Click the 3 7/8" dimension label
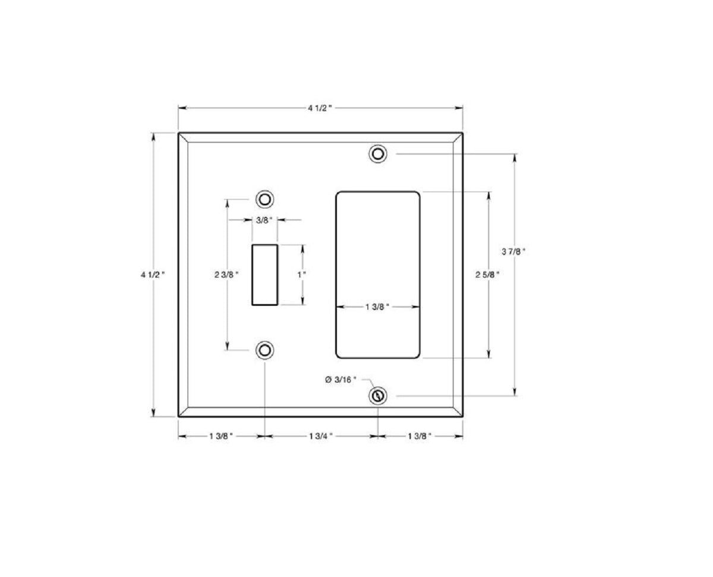coord(513,251)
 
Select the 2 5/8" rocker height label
coord(487,275)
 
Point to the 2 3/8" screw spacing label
coord(227,275)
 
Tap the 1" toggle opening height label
coord(302,275)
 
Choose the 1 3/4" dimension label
coord(321,436)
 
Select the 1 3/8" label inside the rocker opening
coord(377,307)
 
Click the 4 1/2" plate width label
coord(320,108)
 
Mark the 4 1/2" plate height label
coord(153,275)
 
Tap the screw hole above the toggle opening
coord(264,198)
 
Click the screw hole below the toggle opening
coord(264,350)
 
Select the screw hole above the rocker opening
coord(377,154)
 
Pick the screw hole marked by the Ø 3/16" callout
coord(377,395)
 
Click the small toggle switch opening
coord(265,274)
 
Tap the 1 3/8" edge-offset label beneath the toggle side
coord(221,436)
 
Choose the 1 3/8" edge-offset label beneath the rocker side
coord(419,436)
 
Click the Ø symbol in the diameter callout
coord(328,379)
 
